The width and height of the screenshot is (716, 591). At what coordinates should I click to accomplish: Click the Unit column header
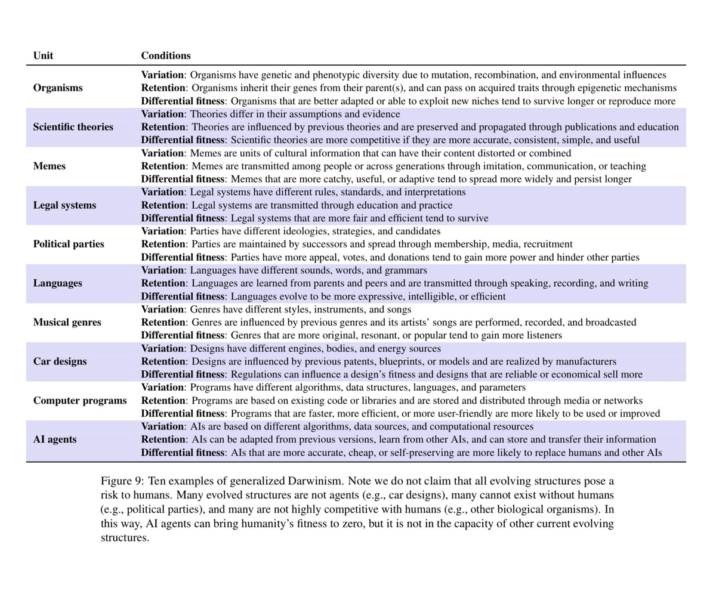(x=43, y=55)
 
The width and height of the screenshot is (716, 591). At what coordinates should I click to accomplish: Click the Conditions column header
(x=166, y=55)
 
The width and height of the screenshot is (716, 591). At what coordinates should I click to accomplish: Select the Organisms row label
(x=58, y=88)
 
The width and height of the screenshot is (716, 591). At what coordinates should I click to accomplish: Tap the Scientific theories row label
(x=73, y=127)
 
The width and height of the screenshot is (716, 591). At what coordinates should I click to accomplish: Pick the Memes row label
(x=50, y=166)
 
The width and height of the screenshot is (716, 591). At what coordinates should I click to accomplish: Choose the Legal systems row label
(x=64, y=205)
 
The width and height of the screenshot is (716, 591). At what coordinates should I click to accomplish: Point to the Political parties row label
(x=69, y=244)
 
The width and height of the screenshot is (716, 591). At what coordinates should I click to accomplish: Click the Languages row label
(x=58, y=283)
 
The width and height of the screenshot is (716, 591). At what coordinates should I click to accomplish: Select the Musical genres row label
(x=67, y=323)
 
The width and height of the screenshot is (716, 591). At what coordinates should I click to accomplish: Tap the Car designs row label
(x=60, y=361)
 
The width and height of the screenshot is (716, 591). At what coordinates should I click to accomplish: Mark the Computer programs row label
(x=80, y=401)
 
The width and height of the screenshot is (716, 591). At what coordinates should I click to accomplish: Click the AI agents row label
(x=55, y=440)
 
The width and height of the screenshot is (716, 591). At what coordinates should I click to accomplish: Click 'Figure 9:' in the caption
(x=122, y=481)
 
